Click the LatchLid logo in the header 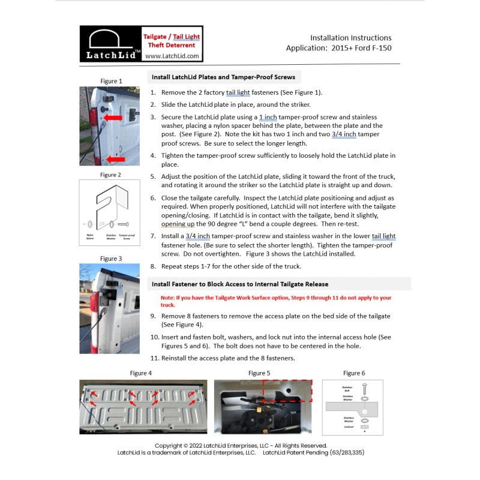[111, 44]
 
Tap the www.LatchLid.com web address [172, 56]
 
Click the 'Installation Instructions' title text [350, 38]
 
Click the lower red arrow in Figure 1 [116, 159]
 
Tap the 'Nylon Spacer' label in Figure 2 [89, 237]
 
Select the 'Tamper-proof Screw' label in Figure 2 [126, 237]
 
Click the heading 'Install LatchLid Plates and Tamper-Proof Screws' [223, 77]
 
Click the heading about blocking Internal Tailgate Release [240, 284]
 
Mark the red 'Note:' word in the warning [168, 298]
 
